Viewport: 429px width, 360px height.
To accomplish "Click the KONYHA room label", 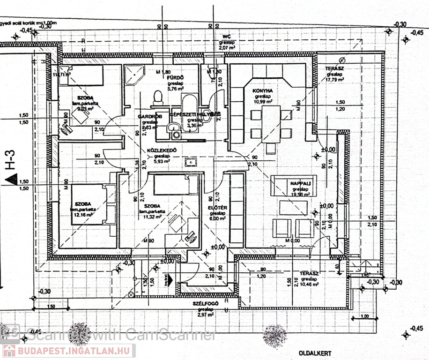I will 263,90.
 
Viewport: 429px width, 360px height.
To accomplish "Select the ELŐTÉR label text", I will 217,208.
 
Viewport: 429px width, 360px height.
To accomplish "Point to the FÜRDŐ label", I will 175,77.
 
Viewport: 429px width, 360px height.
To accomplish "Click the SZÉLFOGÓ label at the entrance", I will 206,304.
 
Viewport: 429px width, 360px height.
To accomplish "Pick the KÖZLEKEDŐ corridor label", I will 162,150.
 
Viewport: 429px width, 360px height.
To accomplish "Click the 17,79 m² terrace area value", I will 335,79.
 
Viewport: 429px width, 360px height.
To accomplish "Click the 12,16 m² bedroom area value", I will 82,215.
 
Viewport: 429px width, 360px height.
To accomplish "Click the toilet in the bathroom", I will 158,97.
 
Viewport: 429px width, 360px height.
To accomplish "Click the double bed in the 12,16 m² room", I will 93,204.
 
